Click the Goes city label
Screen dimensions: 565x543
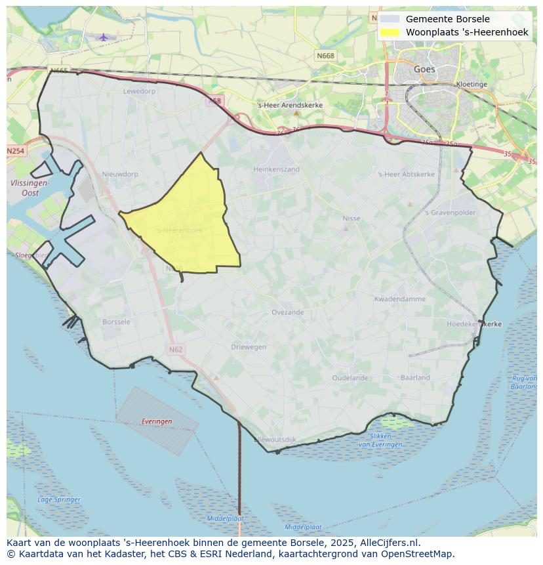(424, 69)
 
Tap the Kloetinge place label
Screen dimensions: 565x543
(472, 85)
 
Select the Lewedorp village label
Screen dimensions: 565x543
(139, 91)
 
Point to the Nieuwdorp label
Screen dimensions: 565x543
(120, 174)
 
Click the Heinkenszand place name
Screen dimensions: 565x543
(276, 169)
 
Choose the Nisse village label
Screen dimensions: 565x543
(352, 219)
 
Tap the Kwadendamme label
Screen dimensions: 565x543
(399, 299)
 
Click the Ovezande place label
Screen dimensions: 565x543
(288, 312)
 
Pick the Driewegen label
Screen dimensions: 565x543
(249, 346)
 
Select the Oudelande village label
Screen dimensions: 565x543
(350, 378)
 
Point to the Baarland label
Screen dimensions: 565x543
(415, 377)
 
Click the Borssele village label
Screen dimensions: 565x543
(117, 322)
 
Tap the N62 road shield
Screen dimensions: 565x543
(175, 349)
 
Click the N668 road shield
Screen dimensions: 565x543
(325, 56)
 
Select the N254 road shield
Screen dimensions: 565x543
(15, 151)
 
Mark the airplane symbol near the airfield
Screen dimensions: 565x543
(104, 37)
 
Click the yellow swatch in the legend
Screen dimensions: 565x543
(390, 32)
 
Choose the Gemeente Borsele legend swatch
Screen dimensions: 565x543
(390, 20)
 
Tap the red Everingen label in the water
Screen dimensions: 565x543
(157, 421)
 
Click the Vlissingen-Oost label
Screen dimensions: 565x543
(30, 188)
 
